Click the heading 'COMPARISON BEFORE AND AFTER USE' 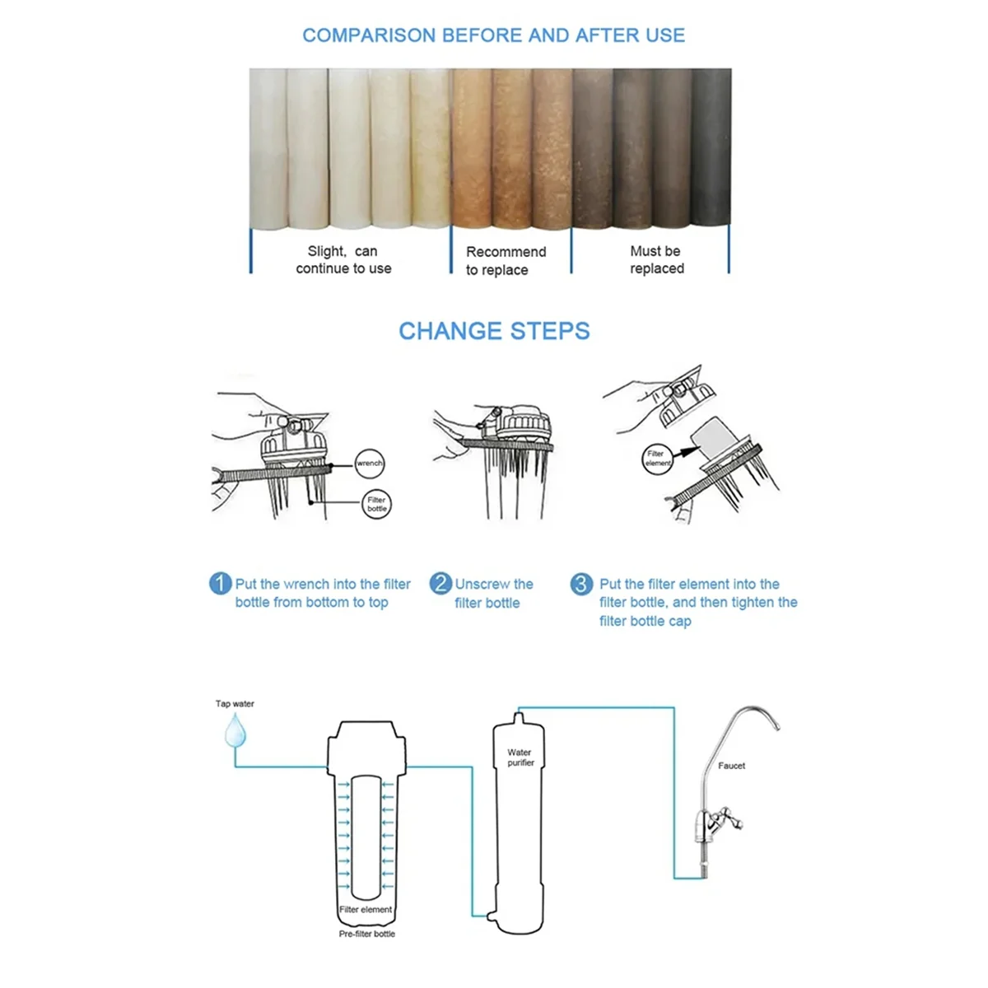493,35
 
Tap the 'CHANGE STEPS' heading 494,331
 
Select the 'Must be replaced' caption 656,259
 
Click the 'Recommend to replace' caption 505,260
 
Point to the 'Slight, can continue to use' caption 343,259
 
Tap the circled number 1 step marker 220,584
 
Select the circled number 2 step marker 440,584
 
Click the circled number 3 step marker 581,584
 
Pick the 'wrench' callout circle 370,463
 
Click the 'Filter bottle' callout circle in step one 376,504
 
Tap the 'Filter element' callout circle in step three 657,459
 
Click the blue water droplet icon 236,730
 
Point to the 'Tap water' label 235,704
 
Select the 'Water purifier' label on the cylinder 520,757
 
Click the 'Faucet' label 731,766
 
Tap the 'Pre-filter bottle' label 366,934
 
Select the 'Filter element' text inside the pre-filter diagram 366,910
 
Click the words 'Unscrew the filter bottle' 494,593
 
